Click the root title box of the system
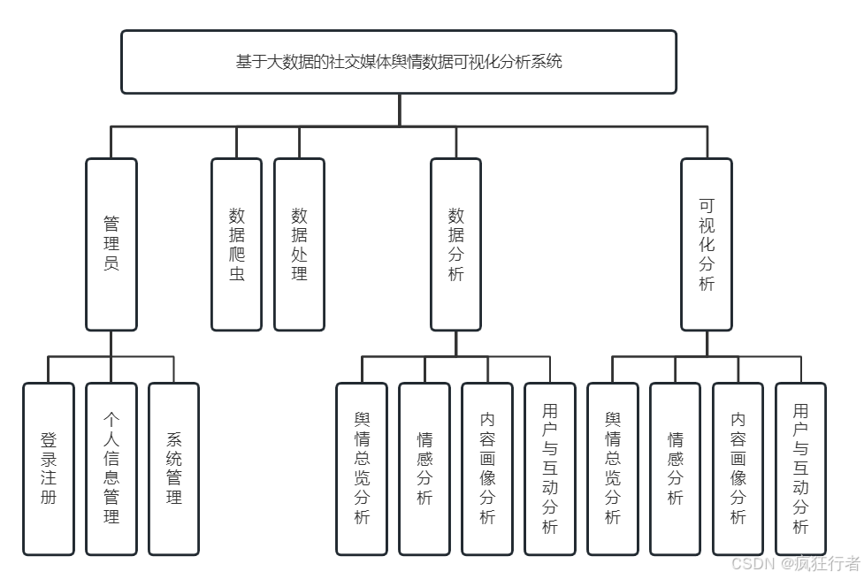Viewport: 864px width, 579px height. [x=399, y=62]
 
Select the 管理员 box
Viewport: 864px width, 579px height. [x=111, y=244]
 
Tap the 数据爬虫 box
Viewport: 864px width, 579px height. [x=237, y=244]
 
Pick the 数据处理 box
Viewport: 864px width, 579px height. [x=299, y=244]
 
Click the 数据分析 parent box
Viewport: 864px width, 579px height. [x=456, y=244]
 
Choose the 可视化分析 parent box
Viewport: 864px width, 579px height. [x=707, y=244]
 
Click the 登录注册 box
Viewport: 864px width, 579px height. [x=49, y=469]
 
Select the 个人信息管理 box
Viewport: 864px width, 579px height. [x=111, y=469]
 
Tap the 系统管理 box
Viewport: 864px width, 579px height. [x=174, y=469]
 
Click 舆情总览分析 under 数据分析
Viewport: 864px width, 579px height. [x=362, y=469]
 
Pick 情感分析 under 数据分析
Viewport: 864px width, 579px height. [x=424, y=469]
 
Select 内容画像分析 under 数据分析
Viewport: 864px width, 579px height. [x=487, y=469]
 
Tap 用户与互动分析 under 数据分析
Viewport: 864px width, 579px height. [x=550, y=469]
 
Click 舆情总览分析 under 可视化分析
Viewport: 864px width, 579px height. [x=613, y=469]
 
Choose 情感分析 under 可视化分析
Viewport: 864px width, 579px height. [x=676, y=469]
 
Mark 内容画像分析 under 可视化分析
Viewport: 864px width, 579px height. [x=738, y=469]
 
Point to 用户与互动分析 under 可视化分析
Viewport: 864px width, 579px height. [x=801, y=469]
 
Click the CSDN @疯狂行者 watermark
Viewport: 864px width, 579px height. [x=796, y=563]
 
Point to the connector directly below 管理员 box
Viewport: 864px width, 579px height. [x=111, y=344]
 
